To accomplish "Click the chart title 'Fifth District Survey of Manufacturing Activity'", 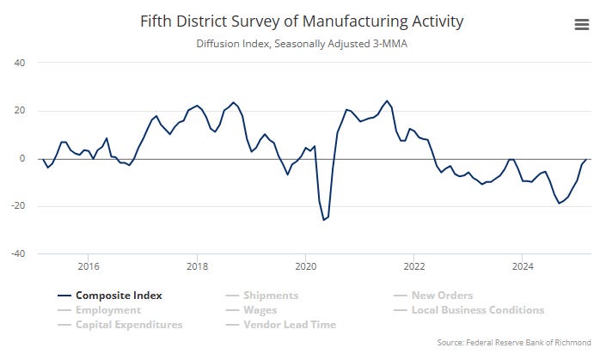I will click(303, 21).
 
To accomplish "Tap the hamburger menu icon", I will click(582, 25).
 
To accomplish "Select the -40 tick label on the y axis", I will click(18, 254).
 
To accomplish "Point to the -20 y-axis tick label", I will click(18, 206).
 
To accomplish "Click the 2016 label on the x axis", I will click(89, 266).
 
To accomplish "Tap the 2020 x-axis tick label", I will click(305, 266).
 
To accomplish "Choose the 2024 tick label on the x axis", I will click(523, 266).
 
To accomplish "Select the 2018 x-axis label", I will click(197, 266).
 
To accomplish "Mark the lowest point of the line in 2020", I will click(324, 220).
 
